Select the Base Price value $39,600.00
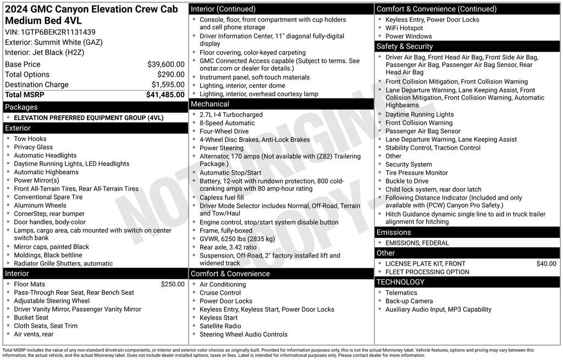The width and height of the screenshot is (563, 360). pyautogui.click(x=165, y=64)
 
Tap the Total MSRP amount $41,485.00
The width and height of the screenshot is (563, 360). pyautogui.click(x=165, y=95)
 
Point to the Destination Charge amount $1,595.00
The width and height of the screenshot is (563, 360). pyautogui.click(x=168, y=85)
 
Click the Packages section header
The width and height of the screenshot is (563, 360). pyautogui.click(x=21, y=107)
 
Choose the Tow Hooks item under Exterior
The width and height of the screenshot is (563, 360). pyautogui.click(x=30, y=139)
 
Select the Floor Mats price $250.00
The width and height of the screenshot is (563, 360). pyautogui.click(x=173, y=284)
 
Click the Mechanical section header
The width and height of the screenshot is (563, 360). pyautogui.click(x=210, y=104)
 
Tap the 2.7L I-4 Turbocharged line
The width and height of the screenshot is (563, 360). pyautogui.click(x=231, y=115)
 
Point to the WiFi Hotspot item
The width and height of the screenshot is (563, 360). pyautogui.click(x=404, y=28)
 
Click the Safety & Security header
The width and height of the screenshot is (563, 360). pyautogui.click(x=405, y=46)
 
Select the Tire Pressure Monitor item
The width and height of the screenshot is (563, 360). pyautogui.click(x=416, y=173)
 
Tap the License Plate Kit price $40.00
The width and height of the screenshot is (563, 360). pyautogui.click(x=546, y=264)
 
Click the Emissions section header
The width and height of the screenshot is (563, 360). pyautogui.click(x=394, y=232)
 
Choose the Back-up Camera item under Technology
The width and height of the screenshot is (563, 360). pyautogui.click(x=409, y=301)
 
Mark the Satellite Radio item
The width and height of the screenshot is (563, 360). pyautogui.click(x=220, y=326)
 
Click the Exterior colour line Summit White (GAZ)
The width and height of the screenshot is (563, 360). pyautogui.click(x=54, y=42)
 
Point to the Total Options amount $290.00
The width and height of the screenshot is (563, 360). pyautogui.click(x=170, y=74)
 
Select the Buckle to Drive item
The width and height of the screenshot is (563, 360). pyautogui.click(x=407, y=181)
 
